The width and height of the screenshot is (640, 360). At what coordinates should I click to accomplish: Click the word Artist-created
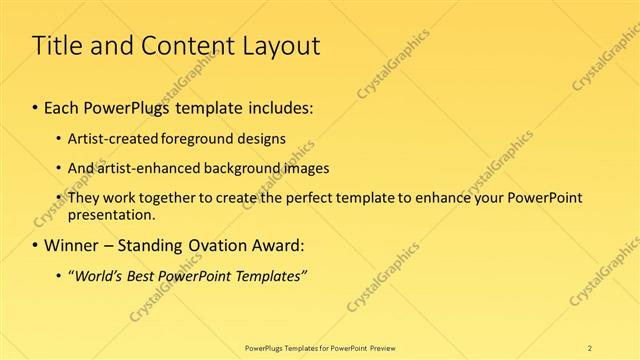coord(110,138)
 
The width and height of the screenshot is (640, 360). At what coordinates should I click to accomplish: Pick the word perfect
coord(308,198)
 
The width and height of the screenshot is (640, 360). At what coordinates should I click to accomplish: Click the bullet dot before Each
coord(36,107)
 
